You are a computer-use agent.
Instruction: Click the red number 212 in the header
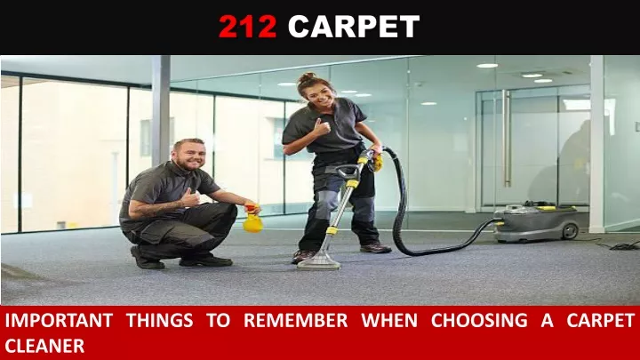248,27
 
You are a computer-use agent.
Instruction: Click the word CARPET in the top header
354,27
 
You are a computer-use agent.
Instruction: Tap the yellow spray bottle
252,219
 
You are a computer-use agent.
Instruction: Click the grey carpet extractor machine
536,222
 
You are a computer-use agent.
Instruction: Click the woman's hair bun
306,77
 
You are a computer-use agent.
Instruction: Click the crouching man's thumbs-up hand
191,198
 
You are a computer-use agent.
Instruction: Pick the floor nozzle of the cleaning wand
319,262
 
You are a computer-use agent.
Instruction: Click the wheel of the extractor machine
570,231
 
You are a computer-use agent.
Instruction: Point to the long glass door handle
507,139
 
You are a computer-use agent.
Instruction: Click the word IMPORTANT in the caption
60,320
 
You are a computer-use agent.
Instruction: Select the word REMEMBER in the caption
295,320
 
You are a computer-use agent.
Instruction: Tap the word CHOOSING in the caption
479,320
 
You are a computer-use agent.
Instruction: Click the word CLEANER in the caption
44,346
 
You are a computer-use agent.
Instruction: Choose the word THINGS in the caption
159,320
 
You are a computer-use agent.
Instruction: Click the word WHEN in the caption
389,320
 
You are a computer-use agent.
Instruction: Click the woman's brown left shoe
375,247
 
